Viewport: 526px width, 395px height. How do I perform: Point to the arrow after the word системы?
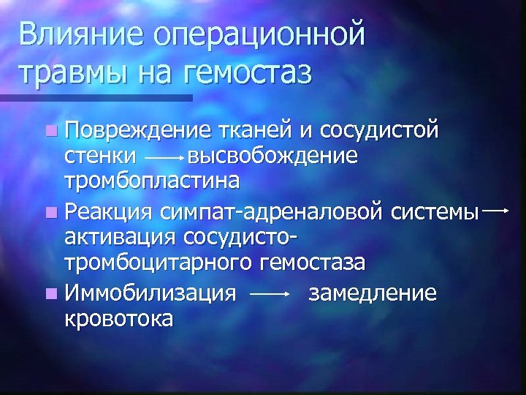coord(496,211)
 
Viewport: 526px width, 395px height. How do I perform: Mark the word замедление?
coord(373,294)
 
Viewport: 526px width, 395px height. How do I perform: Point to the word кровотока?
coord(119,318)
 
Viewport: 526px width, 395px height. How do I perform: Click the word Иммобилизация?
coord(150,294)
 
